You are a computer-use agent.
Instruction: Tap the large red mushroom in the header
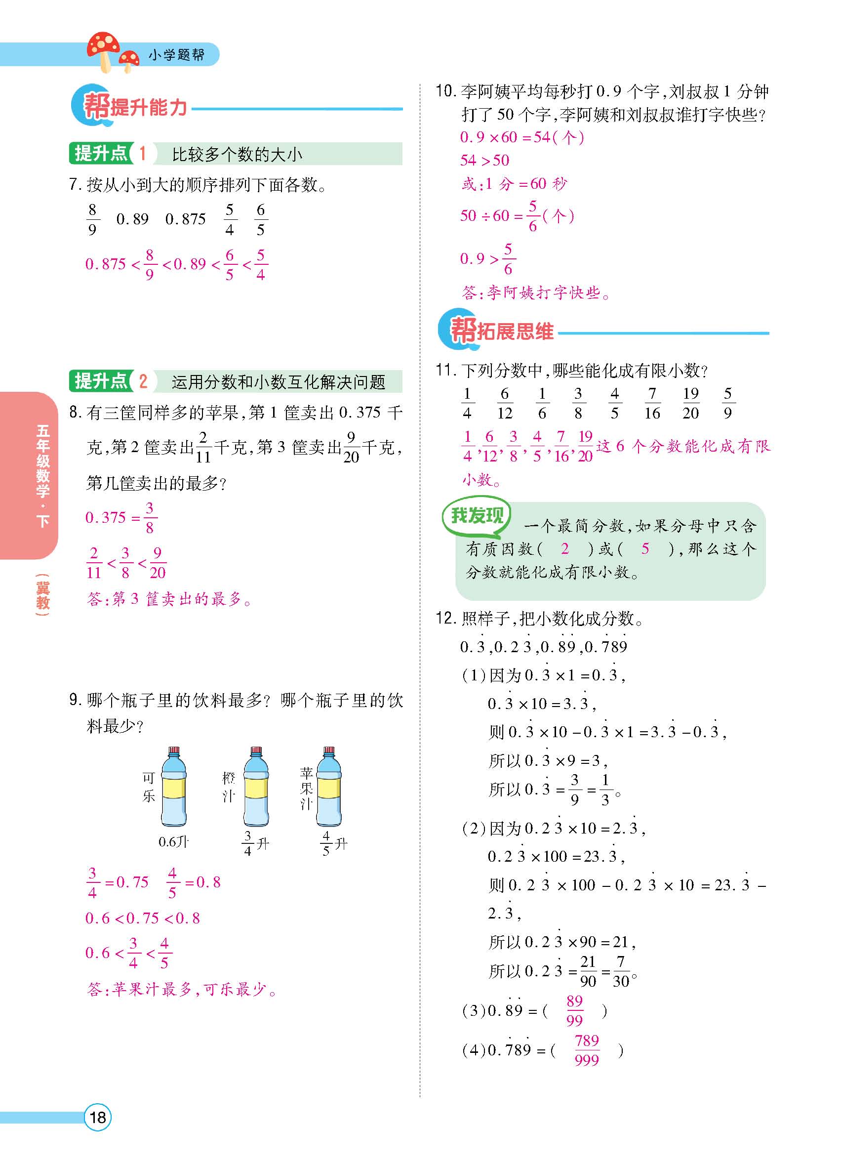[x=103, y=49]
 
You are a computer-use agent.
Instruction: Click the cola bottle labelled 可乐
[x=174, y=788]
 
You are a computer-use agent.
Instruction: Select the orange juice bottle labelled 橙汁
[x=256, y=788]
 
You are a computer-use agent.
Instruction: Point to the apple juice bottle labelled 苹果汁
[x=329, y=788]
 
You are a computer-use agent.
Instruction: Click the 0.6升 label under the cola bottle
[x=173, y=841]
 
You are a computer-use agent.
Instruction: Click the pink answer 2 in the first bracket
[x=564, y=549]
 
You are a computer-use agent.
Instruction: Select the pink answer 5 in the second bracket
[x=645, y=549]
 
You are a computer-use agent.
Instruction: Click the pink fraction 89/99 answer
[x=574, y=1010]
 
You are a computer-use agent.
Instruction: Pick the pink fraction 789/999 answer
[x=587, y=1050]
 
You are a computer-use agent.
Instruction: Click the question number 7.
[x=75, y=184]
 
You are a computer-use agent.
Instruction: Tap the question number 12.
[x=445, y=618]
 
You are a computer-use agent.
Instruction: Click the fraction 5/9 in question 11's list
[x=727, y=403]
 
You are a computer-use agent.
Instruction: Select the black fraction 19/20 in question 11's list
[x=691, y=403]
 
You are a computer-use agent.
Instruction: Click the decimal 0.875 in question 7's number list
[x=185, y=219]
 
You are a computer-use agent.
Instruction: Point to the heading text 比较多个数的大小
[x=237, y=154]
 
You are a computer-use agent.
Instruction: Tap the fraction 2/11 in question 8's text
[x=203, y=447]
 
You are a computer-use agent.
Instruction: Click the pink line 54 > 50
[x=484, y=160]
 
